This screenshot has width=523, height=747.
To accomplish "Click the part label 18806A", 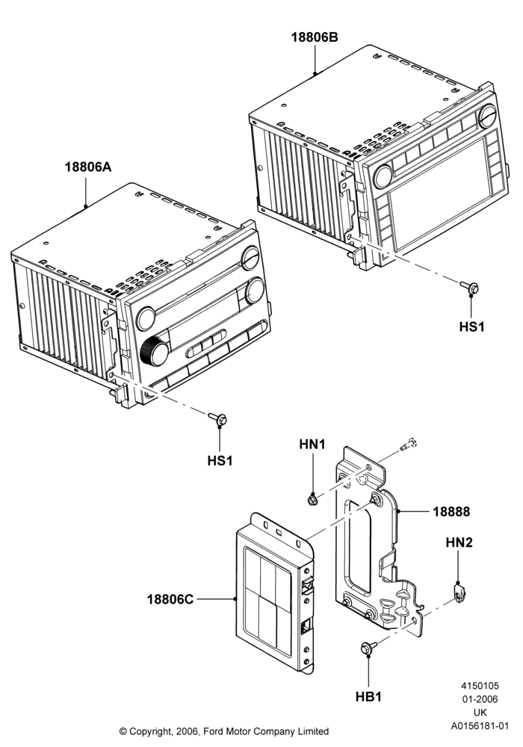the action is [x=88, y=167].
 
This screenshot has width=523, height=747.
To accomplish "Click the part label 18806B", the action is [x=315, y=37].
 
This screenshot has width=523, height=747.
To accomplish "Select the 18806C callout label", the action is [x=170, y=599].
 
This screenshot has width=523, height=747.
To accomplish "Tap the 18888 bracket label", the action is [x=451, y=512].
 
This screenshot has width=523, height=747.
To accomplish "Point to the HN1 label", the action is [x=312, y=444].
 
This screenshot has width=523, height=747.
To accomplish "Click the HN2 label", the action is [x=459, y=542].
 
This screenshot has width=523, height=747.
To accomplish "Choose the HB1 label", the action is [x=368, y=696].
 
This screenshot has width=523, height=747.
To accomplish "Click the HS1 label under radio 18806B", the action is [x=471, y=327].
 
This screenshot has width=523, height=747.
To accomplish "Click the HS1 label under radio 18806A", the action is [x=220, y=461].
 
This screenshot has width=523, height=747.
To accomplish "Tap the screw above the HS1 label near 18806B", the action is [x=470, y=288].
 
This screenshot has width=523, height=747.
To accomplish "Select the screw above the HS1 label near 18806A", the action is [x=218, y=419].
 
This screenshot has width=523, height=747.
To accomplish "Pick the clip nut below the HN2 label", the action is [x=459, y=592].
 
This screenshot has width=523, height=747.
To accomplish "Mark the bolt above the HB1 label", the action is [x=368, y=648].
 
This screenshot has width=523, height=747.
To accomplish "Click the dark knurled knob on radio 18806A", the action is [x=155, y=350].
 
